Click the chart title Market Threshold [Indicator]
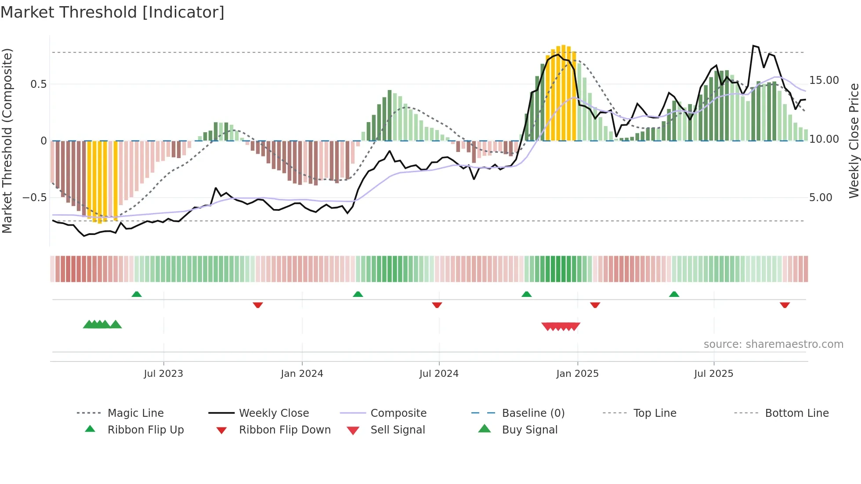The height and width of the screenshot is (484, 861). tap(112, 12)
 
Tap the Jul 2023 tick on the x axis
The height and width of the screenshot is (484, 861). tap(163, 374)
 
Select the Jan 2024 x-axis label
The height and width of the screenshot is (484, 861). tap(302, 374)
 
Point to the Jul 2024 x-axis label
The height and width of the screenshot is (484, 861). tap(439, 374)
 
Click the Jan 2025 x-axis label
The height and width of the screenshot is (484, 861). tap(577, 374)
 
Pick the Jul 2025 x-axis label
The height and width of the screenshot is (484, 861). tap(714, 374)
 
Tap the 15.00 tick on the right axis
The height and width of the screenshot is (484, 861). tap(824, 80)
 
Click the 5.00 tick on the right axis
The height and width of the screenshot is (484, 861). tap(821, 198)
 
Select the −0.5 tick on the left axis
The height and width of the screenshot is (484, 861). tap(35, 198)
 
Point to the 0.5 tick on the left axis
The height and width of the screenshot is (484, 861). tap(38, 84)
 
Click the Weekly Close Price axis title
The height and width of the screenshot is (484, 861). tap(854, 141)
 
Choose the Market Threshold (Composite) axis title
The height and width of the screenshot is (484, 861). tap(7, 141)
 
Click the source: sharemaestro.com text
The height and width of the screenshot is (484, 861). tap(773, 344)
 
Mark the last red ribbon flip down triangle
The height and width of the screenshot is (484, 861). tap(785, 305)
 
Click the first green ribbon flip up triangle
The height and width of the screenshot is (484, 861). tap(137, 294)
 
